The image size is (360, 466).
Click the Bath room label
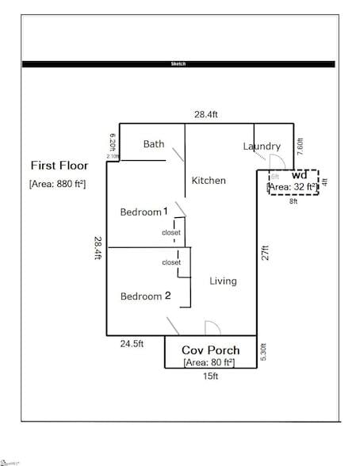tap(154, 144)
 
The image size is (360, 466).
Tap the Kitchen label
tap(209, 181)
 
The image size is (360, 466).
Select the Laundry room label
tap(262, 146)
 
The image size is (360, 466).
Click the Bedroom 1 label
tap(144, 212)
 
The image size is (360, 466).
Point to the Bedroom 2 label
tap(145, 296)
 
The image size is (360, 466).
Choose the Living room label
tap(223, 281)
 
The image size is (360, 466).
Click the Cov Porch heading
tap(211, 350)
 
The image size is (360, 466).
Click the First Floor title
tap(59, 166)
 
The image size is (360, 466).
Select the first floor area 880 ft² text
tap(57, 184)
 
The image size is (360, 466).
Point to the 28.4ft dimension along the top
tap(207, 115)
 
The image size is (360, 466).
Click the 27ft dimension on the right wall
tap(267, 252)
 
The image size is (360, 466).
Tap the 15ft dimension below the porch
tap(211, 377)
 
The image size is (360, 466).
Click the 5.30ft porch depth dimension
tap(265, 351)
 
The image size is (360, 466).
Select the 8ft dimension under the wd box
tap(293, 202)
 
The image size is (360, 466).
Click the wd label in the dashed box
tap(300, 175)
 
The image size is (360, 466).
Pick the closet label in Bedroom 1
tap(171, 232)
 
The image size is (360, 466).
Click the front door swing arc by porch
tap(212, 328)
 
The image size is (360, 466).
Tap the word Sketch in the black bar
tap(178, 64)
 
